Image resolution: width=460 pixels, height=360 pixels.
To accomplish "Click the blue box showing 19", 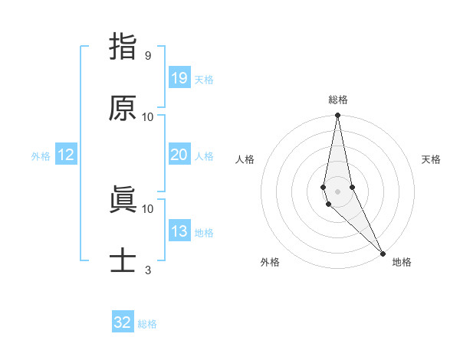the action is click(179, 78).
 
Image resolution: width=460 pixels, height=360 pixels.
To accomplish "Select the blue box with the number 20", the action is click(179, 155).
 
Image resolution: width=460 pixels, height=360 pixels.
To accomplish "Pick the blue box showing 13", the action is click(179, 231).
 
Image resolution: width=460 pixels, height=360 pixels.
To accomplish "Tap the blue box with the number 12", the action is click(66, 155).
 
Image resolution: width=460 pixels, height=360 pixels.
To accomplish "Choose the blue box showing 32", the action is click(123, 322).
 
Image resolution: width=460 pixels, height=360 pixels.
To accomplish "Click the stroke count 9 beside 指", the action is click(147, 56).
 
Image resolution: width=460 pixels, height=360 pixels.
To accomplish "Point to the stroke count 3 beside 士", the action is click(147, 270).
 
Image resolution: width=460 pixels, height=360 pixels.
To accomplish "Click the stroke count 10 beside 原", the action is click(147, 117).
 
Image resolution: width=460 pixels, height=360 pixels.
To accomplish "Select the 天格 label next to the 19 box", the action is click(204, 80).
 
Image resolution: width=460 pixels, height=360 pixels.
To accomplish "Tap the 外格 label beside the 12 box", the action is click(41, 156).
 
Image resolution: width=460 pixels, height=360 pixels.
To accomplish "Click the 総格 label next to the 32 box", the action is click(147, 324).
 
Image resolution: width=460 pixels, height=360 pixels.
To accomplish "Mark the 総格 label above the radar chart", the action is click(337, 100).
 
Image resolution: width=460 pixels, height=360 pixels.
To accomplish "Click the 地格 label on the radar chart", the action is click(402, 262).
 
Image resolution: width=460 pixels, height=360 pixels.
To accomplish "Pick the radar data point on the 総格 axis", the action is click(337, 116).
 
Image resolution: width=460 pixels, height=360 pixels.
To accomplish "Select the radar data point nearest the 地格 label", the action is click(383, 254).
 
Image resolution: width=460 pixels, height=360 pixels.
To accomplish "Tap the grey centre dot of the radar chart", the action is click(337, 191).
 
